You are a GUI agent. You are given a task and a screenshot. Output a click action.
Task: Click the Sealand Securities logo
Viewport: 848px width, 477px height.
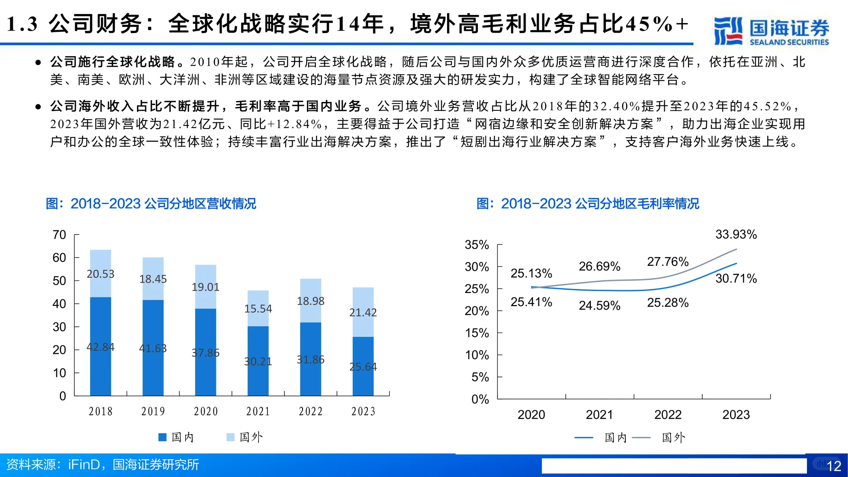coord(771,31)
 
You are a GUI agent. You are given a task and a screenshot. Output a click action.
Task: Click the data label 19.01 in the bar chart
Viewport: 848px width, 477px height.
coord(205,287)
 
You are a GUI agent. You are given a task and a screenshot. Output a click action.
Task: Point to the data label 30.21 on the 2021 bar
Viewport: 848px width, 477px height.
coord(258,361)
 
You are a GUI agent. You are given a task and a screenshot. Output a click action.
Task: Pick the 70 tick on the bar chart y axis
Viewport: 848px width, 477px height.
coord(59,235)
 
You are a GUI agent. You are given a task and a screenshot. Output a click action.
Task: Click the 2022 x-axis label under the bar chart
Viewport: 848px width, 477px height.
coord(310,412)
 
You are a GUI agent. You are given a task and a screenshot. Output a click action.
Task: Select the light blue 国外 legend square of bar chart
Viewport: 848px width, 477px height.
coord(230,437)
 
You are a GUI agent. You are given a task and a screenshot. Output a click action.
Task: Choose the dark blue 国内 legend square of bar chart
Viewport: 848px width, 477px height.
coord(162,437)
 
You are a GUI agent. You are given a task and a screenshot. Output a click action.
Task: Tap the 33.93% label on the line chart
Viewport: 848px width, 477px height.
coord(736,235)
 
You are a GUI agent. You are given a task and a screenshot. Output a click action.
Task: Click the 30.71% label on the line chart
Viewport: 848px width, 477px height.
coord(736,279)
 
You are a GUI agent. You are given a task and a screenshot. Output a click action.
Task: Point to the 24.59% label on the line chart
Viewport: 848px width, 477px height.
coord(599,306)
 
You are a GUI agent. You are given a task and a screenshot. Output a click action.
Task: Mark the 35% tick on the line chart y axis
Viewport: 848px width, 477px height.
coord(477,245)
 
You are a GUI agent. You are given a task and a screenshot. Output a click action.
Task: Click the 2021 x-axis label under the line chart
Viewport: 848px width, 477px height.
coord(599,415)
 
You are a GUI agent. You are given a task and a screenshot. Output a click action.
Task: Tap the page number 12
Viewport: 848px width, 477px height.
coord(833,466)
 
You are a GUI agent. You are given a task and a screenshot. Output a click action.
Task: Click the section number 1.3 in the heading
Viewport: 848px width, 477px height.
coord(22,24)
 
